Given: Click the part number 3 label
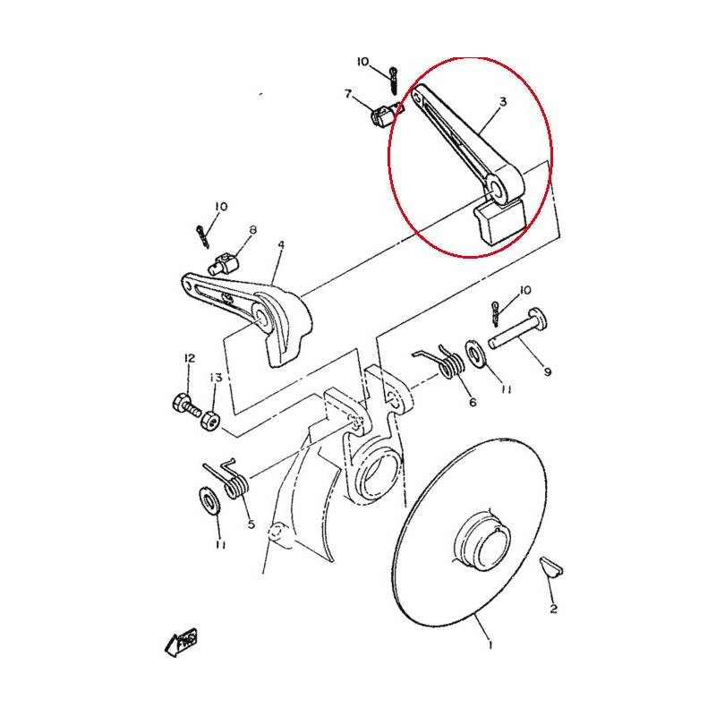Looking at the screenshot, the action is (503, 101).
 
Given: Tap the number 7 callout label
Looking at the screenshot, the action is (348, 94).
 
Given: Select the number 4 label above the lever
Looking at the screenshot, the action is (281, 245).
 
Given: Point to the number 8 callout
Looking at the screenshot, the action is (252, 229).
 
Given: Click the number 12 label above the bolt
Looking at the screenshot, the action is (190, 359).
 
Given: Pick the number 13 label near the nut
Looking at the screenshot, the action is (216, 378).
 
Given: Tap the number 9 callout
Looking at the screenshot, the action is (548, 372).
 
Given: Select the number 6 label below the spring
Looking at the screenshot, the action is (473, 402).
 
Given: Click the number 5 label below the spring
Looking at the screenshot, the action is (251, 524).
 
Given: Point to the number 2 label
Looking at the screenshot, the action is (553, 609).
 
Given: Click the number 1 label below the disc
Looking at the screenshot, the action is (490, 644).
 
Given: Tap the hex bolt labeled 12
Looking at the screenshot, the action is (186, 405).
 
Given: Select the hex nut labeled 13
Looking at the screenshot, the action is (210, 419).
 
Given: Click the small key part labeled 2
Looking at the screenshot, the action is (551, 567).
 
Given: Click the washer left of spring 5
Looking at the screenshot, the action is (210, 501).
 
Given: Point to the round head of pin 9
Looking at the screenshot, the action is (539, 318).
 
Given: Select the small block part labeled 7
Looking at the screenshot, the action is (383, 115).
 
